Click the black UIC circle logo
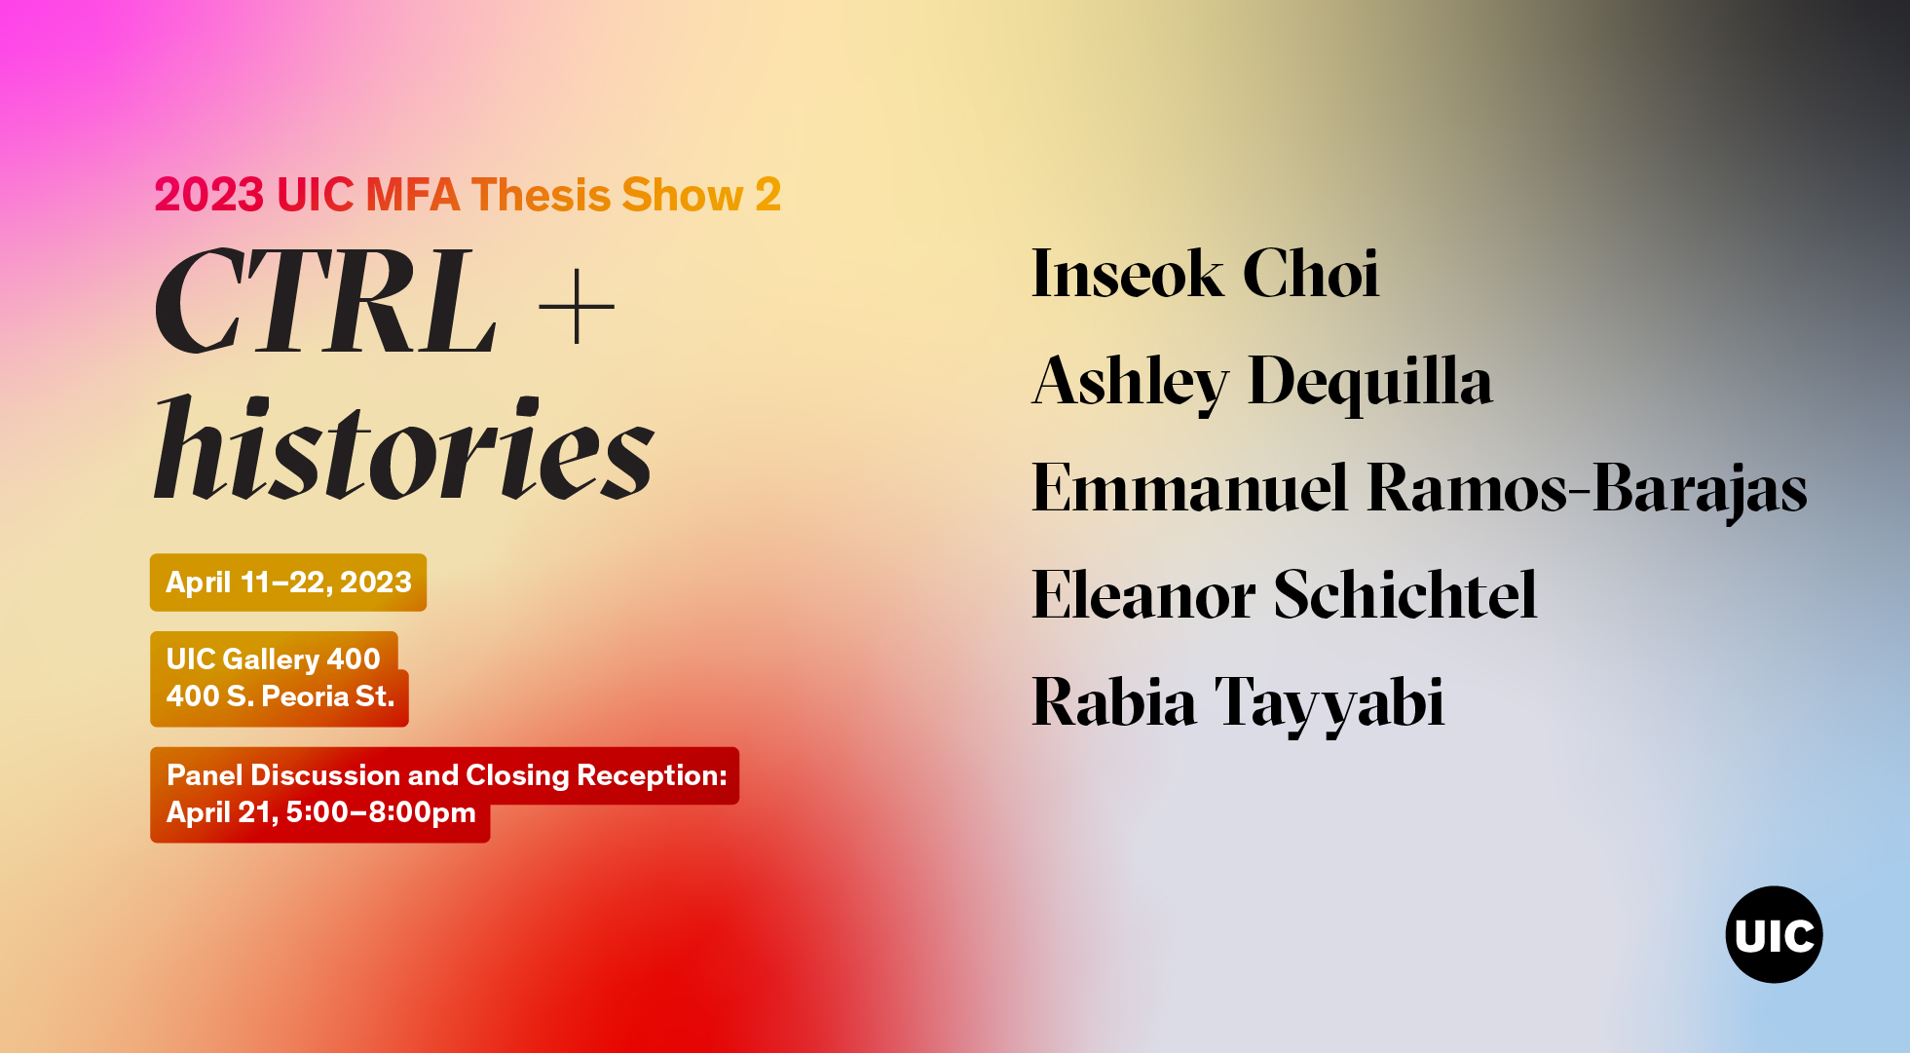pyautogui.click(x=1774, y=934)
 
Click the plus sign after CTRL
pyautogui.click(x=577, y=307)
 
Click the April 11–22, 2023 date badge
pyautogui.click(x=288, y=583)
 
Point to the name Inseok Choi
pyautogui.click(x=1205, y=274)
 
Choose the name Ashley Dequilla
pyautogui.click(x=1262, y=382)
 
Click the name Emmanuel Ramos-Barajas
pyautogui.click(x=1419, y=489)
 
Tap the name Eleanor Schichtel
pyautogui.click(x=1284, y=595)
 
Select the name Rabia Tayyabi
pyautogui.click(x=1238, y=703)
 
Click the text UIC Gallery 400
pyautogui.click(x=273, y=659)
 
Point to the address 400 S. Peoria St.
pyautogui.click(x=281, y=696)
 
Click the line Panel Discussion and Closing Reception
pyautogui.click(x=447, y=775)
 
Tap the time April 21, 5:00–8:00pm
pyautogui.click(x=321, y=812)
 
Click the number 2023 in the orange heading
pyautogui.click(x=209, y=195)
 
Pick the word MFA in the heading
pyautogui.click(x=412, y=195)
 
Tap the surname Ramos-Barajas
pyautogui.click(x=1588, y=489)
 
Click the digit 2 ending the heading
pyautogui.click(x=768, y=195)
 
